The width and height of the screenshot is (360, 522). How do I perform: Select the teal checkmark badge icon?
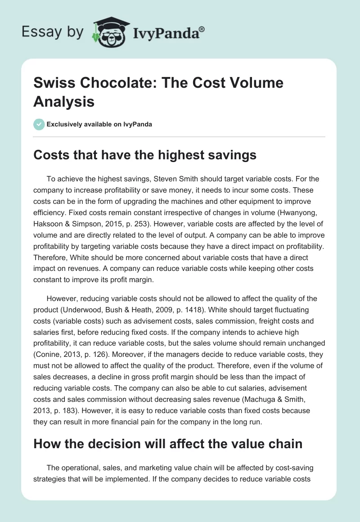[x=39, y=124]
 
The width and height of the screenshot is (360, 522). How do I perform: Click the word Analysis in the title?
[x=64, y=102]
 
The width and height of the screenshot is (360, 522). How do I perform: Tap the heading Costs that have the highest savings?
[x=145, y=155]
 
